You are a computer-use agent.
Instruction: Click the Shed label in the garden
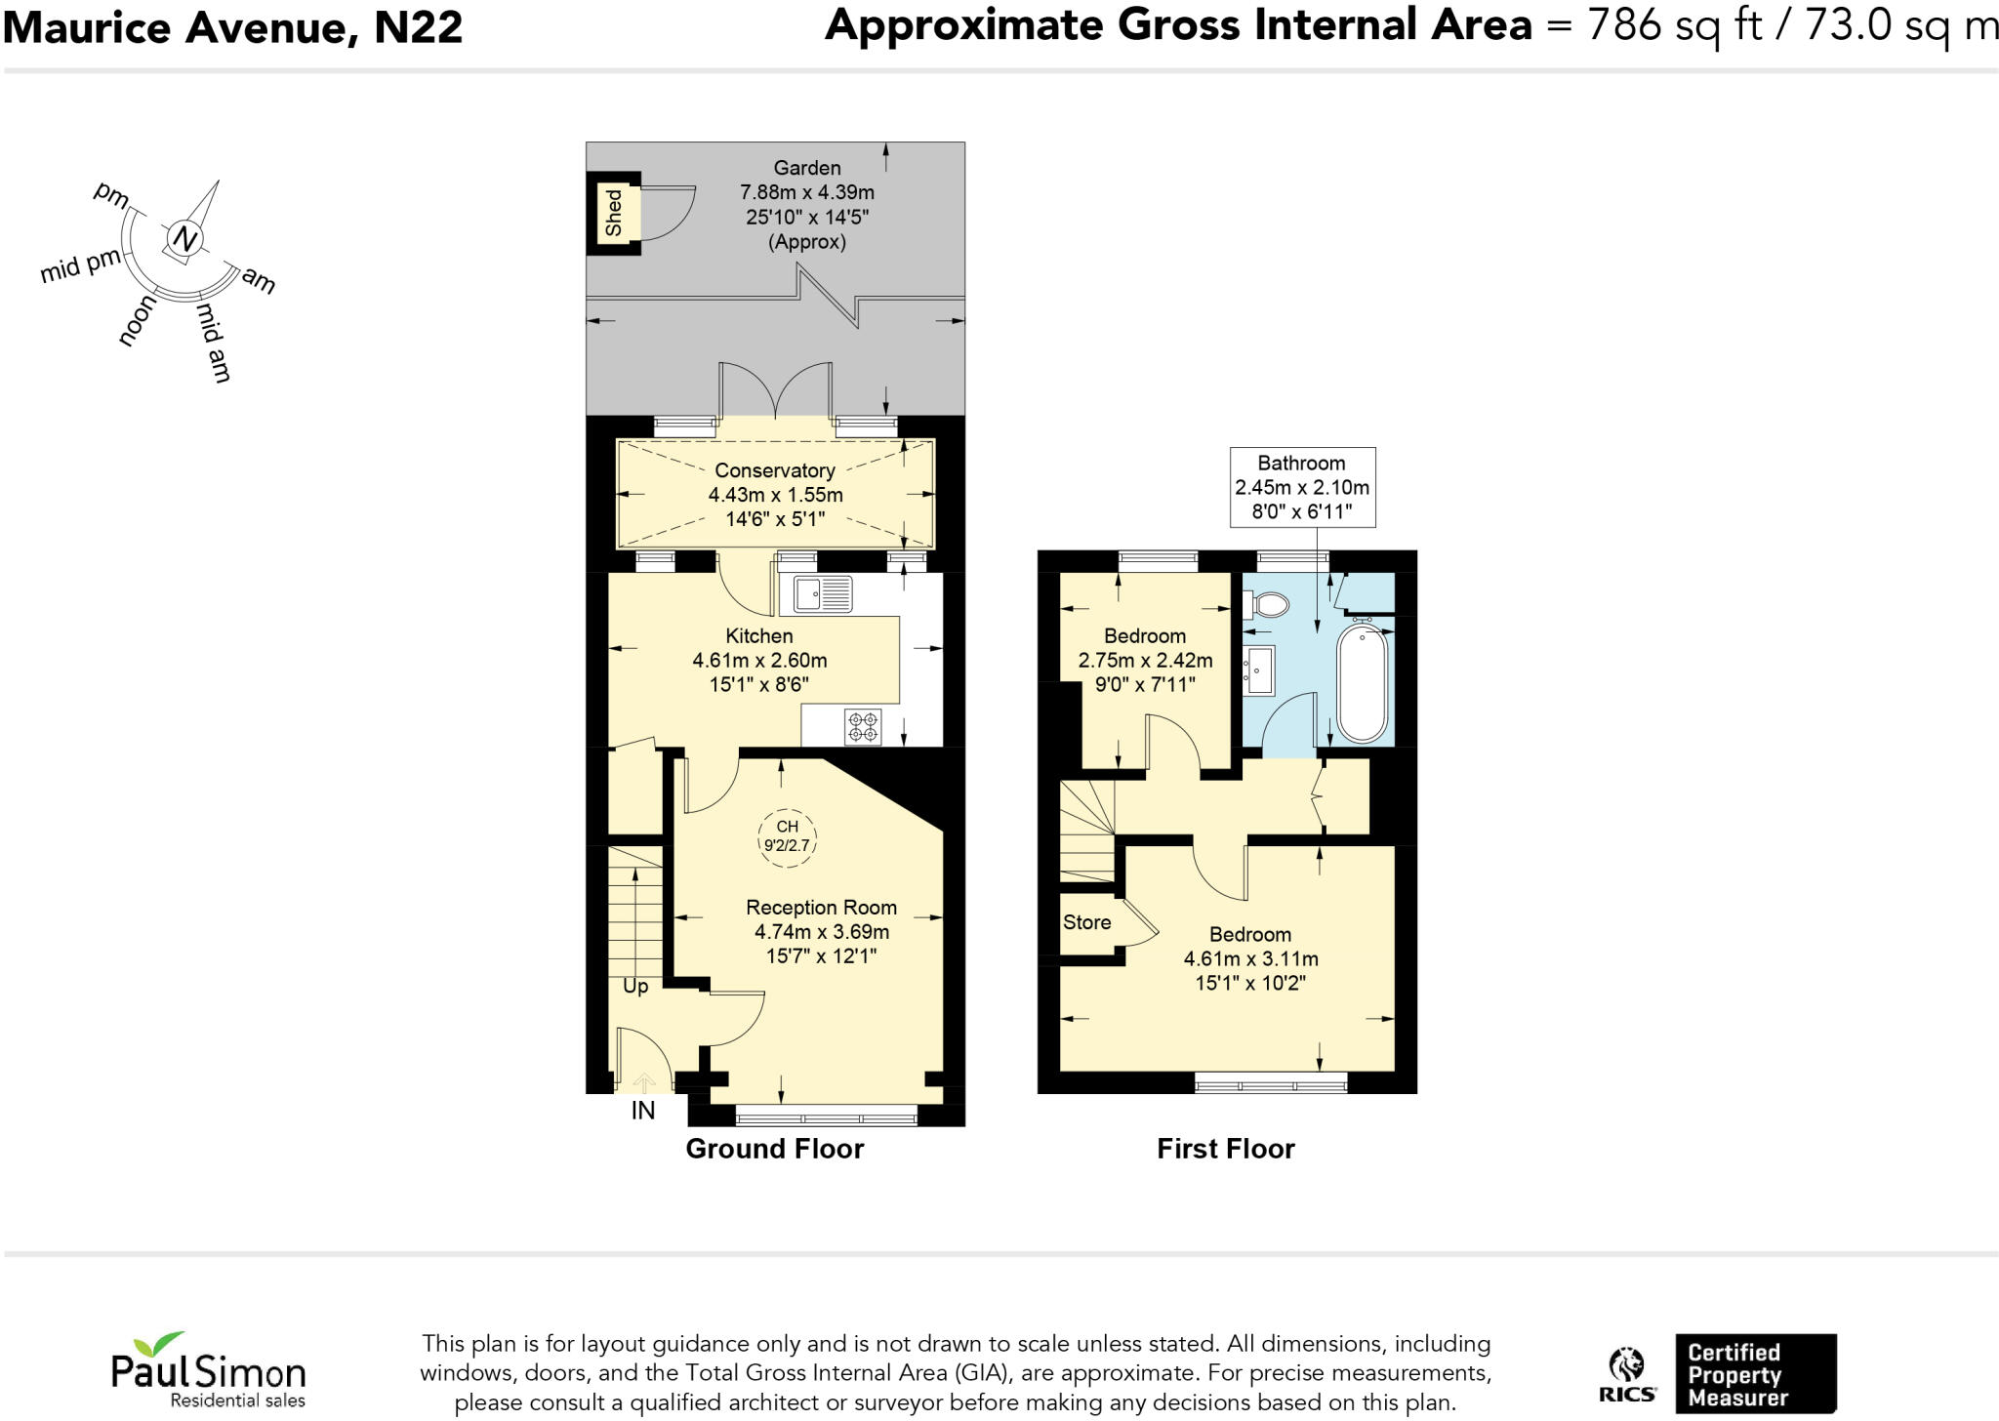tap(614, 214)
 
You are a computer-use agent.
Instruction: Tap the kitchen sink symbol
tap(823, 593)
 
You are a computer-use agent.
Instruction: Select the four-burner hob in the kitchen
tap(863, 727)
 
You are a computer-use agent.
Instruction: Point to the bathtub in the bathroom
tap(1362, 683)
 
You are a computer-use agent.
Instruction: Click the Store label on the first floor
tap(1086, 922)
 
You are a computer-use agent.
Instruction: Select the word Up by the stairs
tap(635, 987)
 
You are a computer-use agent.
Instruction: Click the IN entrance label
tap(642, 1111)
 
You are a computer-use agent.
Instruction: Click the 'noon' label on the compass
tap(137, 321)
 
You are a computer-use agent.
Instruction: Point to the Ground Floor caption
tap(774, 1149)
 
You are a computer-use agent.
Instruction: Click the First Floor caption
tap(1225, 1149)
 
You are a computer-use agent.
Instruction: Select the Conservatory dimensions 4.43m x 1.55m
tap(775, 495)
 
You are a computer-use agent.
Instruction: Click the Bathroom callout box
tap(1302, 487)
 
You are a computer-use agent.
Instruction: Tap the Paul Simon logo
tap(208, 1371)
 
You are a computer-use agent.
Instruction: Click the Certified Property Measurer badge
tap(1754, 1374)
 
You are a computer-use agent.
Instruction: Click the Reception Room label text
tap(821, 908)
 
